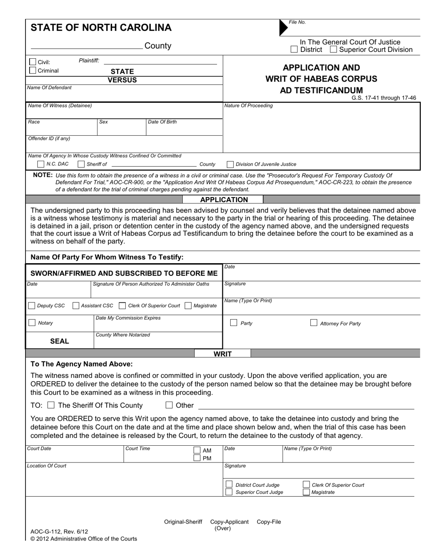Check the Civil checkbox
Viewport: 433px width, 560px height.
[x=32, y=62]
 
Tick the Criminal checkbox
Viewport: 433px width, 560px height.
[x=32, y=71]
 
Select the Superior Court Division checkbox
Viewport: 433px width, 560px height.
[x=333, y=50]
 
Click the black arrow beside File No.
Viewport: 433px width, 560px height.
[x=283, y=28]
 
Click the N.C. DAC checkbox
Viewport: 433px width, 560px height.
[x=41, y=164]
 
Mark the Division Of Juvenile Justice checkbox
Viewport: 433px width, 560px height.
[x=230, y=164]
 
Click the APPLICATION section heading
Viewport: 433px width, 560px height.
[x=224, y=199]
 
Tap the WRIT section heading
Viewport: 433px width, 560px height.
[x=223, y=354]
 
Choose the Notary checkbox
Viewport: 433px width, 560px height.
[x=32, y=323]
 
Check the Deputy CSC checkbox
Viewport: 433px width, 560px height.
[x=31, y=305]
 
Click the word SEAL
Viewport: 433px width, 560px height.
[x=59, y=341]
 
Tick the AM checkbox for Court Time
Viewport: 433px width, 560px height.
[x=197, y=450]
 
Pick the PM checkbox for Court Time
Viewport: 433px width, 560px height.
[x=197, y=458]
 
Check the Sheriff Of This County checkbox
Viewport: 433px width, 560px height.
[x=51, y=405]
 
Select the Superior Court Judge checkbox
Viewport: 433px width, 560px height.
[x=229, y=492]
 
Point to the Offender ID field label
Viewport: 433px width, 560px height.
[x=49, y=138]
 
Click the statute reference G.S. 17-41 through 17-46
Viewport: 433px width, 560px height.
[x=383, y=98]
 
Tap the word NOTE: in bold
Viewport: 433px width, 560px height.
[x=43, y=175]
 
